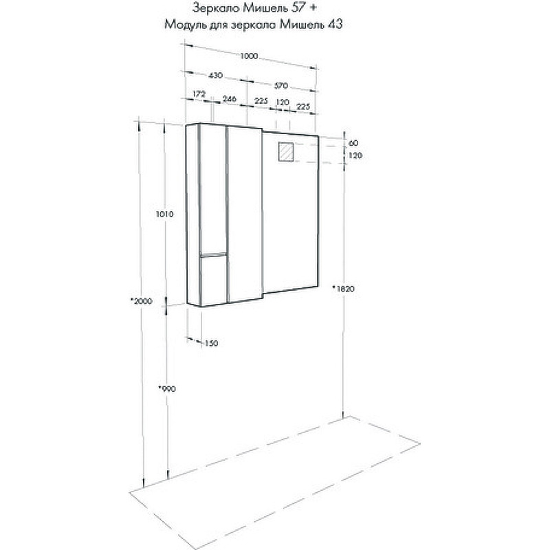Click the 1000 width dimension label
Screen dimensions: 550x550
pos(249,56)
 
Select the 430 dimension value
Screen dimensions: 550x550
pos(215,76)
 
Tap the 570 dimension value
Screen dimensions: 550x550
pos(281,85)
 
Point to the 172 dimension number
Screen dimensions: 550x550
pos(199,94)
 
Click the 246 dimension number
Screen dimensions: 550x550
pos(230,99)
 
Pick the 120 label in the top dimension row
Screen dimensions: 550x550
pos(283,102)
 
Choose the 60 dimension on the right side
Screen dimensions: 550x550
pos(353,143)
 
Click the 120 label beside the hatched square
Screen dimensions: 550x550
pos(355,155)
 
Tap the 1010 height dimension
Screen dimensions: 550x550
pos(164,214)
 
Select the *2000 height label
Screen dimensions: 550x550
pos(141,301)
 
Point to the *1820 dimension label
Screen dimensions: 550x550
pos(343,289)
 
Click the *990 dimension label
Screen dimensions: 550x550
pos(166,388)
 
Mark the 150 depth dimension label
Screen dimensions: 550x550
pos(211,343)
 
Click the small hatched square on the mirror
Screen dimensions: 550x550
pos(286,151)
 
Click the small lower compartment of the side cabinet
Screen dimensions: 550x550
pos(213,280)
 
